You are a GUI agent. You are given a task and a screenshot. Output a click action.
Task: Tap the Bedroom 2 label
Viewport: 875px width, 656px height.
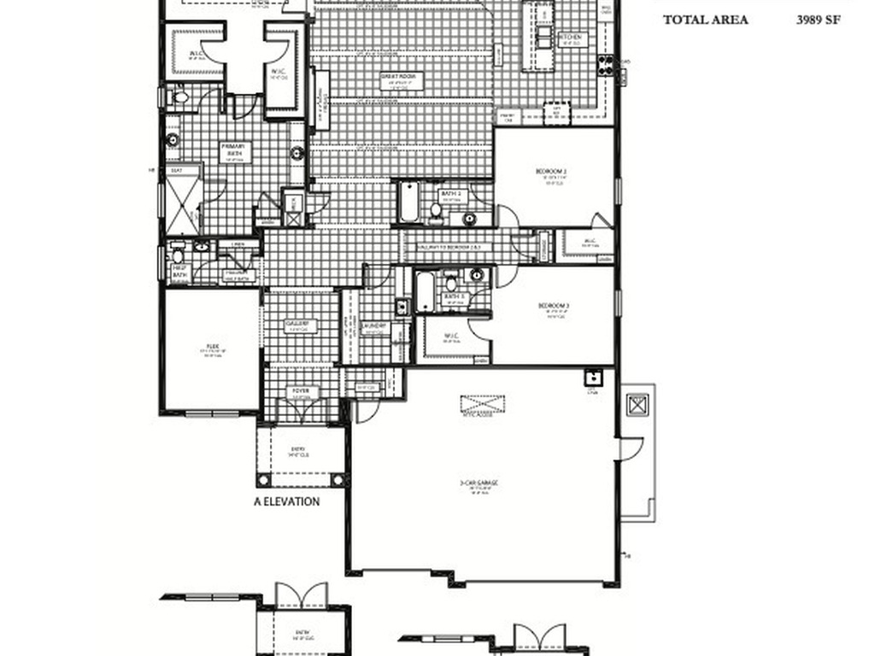click(x=552, y=172)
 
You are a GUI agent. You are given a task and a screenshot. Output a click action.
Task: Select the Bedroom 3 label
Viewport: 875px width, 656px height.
click(x=553, y=306)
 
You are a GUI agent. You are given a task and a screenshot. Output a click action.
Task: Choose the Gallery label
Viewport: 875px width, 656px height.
click(x=297, y=324)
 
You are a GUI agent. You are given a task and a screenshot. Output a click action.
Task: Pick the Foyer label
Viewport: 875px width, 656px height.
click(x=302, y=392)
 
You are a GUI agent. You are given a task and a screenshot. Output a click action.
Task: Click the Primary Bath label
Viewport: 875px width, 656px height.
click(x=233, y=147)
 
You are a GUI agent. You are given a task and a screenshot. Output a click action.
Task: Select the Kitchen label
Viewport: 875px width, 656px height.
click(x=570, y=38)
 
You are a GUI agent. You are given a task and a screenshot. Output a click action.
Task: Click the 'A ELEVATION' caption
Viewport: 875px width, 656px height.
click(x=287, y=501)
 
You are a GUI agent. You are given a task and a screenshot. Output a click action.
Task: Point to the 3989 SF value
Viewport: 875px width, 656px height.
click(x=819, y=20)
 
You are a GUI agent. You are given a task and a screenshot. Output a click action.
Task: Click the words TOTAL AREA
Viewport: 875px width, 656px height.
click(x=706, y=20)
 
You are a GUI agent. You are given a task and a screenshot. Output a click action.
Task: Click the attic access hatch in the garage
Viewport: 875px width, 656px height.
click(x=482, y=403)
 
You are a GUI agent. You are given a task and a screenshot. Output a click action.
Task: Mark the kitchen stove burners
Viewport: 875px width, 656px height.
click(x=606, y=65)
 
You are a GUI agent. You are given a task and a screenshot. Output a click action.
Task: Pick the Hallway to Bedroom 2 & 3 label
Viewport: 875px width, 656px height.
click(x=449, y=246)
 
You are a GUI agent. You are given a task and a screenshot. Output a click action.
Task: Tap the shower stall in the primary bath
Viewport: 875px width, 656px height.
click(x=182, y=206)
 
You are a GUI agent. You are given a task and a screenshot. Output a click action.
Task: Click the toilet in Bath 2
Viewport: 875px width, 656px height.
click(x=436, y=209)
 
